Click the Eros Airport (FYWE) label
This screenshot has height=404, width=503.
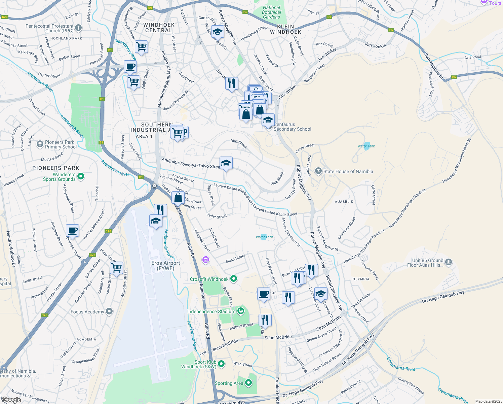[165, 266]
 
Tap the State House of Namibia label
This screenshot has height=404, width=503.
[348, 171]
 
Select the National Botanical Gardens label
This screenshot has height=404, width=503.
[271, 12]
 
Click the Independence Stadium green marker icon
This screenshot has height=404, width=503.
[241, 311]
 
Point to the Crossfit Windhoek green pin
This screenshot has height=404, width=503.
[234, 279]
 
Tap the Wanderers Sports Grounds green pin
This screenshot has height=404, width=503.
[81, 176]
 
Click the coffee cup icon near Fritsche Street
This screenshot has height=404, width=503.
[72, 231]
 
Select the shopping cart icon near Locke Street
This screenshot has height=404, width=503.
[116, 268]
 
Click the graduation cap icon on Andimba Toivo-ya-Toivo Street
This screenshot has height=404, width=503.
[226, 163]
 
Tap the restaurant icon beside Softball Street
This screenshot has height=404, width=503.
[265, 320]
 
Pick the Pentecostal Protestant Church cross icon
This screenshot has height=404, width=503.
[78, 28]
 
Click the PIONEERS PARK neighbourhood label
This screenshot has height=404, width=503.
[56, 168]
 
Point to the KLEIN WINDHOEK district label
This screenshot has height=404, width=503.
[285, 29]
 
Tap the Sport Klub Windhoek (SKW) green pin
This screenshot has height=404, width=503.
[221, 364]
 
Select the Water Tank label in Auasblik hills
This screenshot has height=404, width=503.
[366, 146]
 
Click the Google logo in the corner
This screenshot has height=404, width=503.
[11, 400]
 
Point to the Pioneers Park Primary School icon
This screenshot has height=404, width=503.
[40, 144]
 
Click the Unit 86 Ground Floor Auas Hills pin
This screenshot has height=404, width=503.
[449, 262]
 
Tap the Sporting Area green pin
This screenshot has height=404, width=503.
[248, 383]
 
